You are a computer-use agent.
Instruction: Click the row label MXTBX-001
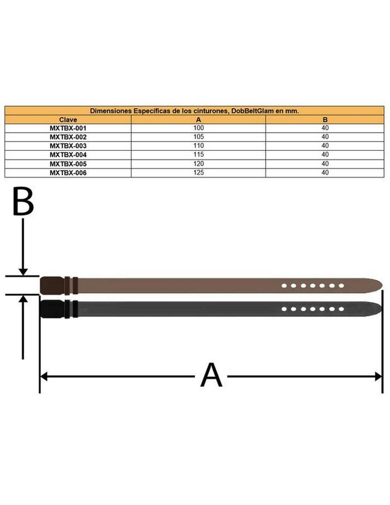68,128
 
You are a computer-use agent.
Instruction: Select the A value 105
198,137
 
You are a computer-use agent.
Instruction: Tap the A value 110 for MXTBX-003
198,145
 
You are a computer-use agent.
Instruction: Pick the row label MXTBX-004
68,155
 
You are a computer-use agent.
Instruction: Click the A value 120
198,164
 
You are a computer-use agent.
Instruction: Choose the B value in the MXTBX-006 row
325,172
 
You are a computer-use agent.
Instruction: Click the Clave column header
68,120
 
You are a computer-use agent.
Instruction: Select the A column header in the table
198,120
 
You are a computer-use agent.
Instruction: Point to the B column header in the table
325,120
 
